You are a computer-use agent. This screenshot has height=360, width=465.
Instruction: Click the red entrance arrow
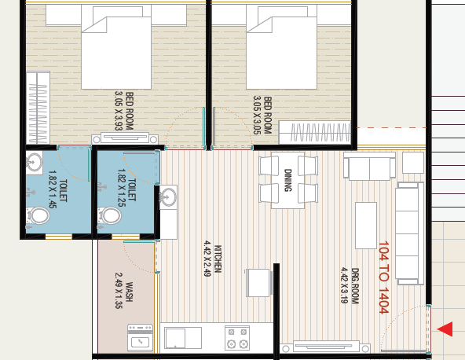pyautogui.click(x=445, y=329)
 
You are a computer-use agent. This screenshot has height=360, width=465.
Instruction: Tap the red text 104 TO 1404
pyautogui.click(x=383, y=277)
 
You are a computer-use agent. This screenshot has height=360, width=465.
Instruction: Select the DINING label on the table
pyautogui.click(x=288, y=180)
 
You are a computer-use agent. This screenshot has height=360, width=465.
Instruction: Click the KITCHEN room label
pyautogui.click(x=218, y=259)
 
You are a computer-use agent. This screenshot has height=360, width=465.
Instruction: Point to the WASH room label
pyautogui.click(x=129, y=292)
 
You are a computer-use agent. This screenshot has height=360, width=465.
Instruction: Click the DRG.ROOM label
pyautogui.click(x=355, y=286)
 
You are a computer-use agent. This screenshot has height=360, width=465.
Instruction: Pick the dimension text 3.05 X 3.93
pyautogui.click(x=119, y=111)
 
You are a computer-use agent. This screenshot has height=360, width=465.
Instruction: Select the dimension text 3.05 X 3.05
pyautogui.click(x=257, y=115)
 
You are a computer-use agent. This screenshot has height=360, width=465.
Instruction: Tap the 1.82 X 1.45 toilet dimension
pyautogui.click(x=52, y=189)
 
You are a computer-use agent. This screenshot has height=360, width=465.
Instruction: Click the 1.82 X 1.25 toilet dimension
pyautogui.click(x=122, y=188)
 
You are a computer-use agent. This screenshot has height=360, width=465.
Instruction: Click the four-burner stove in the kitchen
pyautogui.click(x=237, y=338)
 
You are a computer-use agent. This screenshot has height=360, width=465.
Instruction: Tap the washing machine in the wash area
pyautogui.click(x=141, y=338)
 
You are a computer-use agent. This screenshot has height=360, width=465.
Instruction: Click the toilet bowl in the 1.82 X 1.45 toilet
pyautogui.click(x=38, y=215)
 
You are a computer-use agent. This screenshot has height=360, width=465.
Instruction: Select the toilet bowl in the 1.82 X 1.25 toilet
pyautogui.click(x=109, y=215)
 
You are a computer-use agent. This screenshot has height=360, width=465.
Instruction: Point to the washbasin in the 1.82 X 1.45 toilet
pyautogui.click(x=34, y=163)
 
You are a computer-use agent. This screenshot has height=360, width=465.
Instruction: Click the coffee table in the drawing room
pyautogui.click(x=366, y=226)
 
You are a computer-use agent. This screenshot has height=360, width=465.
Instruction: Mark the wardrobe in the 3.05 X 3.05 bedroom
pyautogui.click(x=315, y=132)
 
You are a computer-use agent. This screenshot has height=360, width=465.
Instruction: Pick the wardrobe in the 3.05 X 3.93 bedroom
pyautogui.click(x=38, y=108)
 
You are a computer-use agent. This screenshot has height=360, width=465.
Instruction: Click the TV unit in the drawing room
pyautogui.click(x=325, y=347)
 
